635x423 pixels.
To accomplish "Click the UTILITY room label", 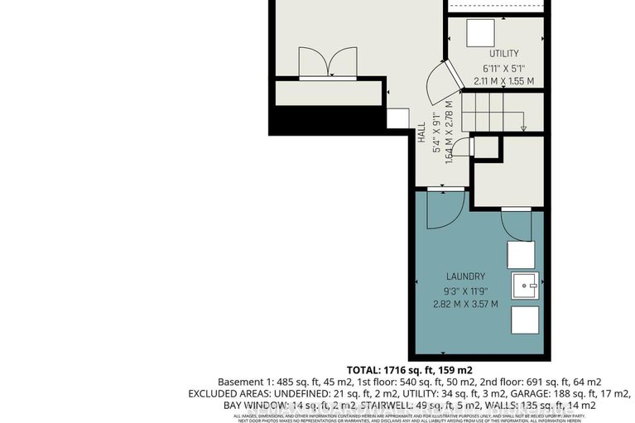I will pyautogui.click(x=503, y=53).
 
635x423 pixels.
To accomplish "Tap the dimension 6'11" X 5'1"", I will pyautogui.click(x=503, y=68).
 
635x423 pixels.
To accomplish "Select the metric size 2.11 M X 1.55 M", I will pyautogui.click(x=503, y=81).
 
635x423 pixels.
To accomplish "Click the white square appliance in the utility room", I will pyautogui.click(x=479, y=33).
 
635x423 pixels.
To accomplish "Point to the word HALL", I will pyautogui.click(x=421, y=135).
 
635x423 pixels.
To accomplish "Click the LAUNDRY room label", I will pyautogui.click(x=465, y=276).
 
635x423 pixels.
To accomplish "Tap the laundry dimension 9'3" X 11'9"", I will pyautogui.click(x=465, y=290).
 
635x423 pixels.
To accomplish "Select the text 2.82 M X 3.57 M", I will pyautogui.click(x=465, y=304).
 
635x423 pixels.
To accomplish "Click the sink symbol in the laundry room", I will pyautogui.click(x=525, y=286).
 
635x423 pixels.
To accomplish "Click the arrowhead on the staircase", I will pyautogui.click(x=524, y=128).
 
